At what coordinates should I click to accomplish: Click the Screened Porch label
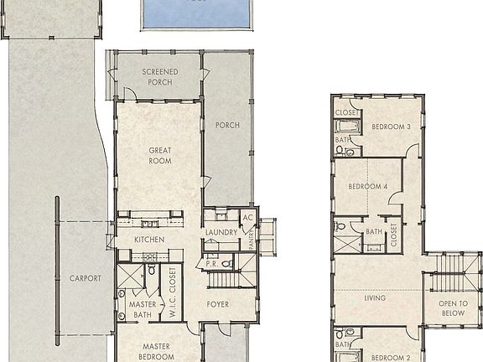point(159,77)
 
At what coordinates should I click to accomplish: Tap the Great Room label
point(160,156)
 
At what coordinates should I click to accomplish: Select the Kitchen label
point(148,240)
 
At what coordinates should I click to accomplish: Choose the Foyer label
point(218,304)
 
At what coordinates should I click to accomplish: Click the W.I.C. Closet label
point(173,292)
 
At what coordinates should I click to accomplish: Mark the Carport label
point(86,278)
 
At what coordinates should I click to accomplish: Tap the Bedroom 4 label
point(367,186)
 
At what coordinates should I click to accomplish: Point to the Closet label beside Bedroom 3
point(348,112)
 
